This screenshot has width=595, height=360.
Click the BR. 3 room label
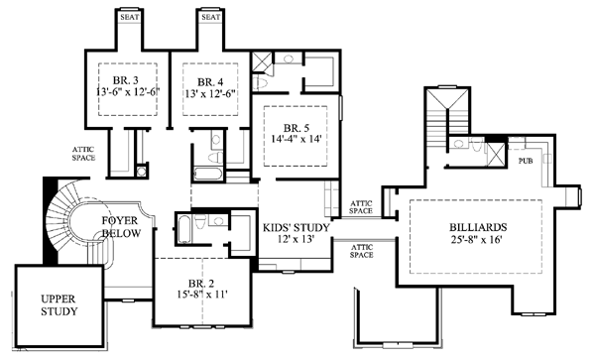(x=126, y=80)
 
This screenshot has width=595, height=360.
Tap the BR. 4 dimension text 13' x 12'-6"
(x=211, y=93)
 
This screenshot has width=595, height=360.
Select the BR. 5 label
(x=296, y=128)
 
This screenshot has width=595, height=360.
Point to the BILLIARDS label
(x=478, y=227)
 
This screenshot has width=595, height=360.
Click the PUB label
(x=526, y=161)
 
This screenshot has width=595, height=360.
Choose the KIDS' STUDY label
(x=297, y=228)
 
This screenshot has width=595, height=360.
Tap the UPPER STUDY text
(x=59, y=305)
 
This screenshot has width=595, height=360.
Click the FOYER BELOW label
(x=121, y=226)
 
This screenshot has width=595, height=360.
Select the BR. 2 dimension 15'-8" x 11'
(x=201, y=295)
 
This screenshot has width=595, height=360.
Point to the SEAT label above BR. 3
(x=130, y=17)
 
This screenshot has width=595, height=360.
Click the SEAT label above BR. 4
(x=211, y=17)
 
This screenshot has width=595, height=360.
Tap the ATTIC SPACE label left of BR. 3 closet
(x=83, y=154)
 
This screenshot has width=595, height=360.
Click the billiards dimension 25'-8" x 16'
(x=477, y=239)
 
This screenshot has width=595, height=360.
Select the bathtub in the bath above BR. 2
(x=184, y=229)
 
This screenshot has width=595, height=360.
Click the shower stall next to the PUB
(x=497, y=155)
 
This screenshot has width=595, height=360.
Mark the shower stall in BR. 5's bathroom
(x=262, y=62)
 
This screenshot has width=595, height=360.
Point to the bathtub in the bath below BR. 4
(x=208, y=174)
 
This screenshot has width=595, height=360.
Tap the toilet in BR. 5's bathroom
(x=260, y=82)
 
